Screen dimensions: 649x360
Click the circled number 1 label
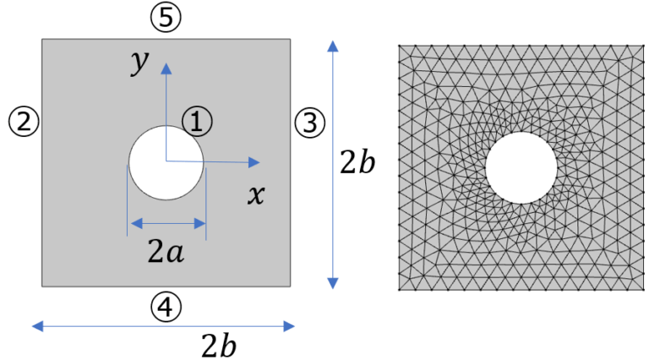coord(197,122)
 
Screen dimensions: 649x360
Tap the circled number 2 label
coord(24,122)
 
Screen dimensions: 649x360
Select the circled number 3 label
coord(310,123)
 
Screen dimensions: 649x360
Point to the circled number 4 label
coord(166,307)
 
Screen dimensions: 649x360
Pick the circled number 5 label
coord(166,18)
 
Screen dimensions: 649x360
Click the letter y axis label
coord(139,63)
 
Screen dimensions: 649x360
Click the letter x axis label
coord(256,194)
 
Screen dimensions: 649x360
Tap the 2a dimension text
coord(166,251)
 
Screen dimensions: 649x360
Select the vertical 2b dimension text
coord(357,161)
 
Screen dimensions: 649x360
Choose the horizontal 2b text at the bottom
coord(219,345)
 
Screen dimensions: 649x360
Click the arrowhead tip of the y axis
coord(166,63)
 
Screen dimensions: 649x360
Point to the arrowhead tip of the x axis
coord(260,162)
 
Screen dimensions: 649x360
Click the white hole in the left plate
coord(166,162)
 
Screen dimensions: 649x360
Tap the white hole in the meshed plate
coord(521,167)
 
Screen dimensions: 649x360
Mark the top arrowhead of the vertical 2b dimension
coord(333,41)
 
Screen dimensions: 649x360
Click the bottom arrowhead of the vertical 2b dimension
coord(333,289)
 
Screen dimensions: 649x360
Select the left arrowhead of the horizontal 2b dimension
coord(32,326)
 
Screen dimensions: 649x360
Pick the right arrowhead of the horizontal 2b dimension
coord(295,326)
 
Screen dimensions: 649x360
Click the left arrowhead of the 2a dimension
coord(131,224)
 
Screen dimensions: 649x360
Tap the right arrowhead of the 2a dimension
coord(205,224)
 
